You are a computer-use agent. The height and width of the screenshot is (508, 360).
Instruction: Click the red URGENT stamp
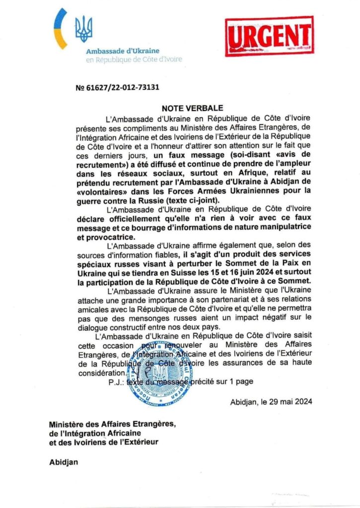point(269,36)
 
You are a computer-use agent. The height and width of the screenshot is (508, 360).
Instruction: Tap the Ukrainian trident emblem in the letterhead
point(83,29)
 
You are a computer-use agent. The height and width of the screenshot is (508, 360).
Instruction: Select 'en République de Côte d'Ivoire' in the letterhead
point(134,60)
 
